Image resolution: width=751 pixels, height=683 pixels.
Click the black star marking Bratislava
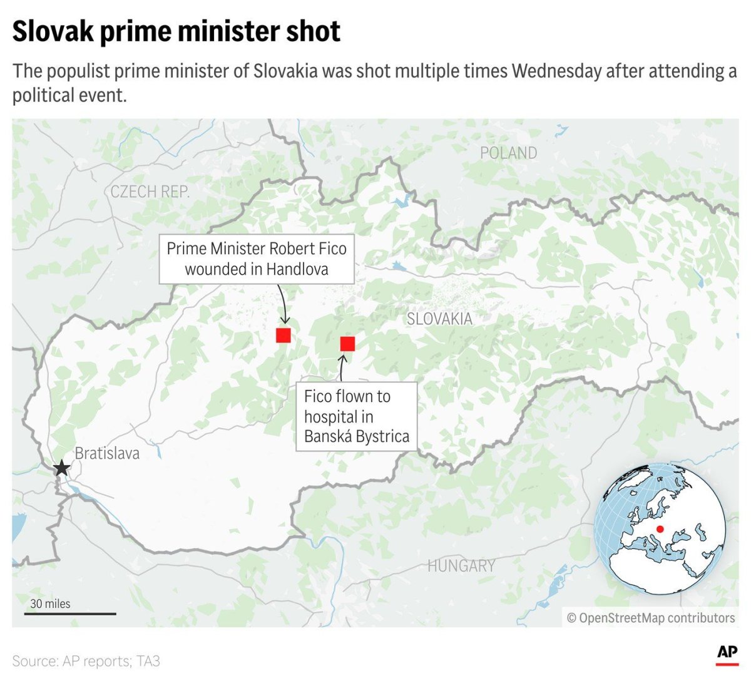tap(61, 468)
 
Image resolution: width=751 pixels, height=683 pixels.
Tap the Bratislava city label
tap(107, 453)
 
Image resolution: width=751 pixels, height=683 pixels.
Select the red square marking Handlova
tap(284, 335)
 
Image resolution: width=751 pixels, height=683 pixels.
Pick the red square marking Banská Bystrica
tap(347, 344)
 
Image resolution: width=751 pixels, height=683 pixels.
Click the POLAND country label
tap(508, 153)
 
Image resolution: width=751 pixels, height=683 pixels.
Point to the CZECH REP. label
tap(150, 192)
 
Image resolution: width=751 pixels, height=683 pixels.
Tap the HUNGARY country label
tap(461, 566)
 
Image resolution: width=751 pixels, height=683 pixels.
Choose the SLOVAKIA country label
tap(439, 319)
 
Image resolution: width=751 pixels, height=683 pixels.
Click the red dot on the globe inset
tap(660, 529)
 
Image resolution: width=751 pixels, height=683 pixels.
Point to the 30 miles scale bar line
tap(70, 614)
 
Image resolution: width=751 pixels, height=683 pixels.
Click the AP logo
tap(727, 654)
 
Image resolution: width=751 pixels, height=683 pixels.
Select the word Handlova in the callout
tap(297, 269)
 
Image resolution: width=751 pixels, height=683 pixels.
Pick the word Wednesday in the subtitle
tap(556, 71)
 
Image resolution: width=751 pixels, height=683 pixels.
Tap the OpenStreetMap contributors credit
tap(651, 618)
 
